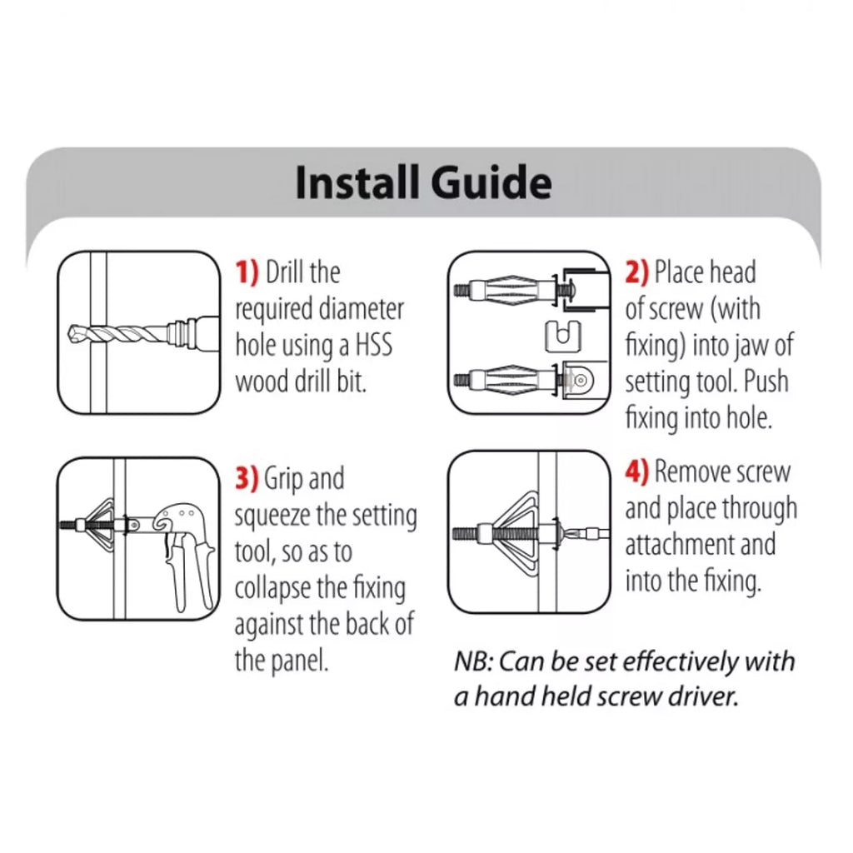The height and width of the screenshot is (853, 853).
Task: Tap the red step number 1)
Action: (248, 272)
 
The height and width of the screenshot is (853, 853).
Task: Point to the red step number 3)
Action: (248, 479)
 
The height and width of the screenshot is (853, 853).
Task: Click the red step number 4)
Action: (637, 471)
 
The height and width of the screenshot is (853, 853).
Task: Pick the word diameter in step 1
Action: (364, 309)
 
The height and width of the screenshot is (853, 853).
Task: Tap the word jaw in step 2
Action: (752, 345)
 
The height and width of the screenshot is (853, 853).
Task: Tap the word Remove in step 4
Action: (687, 471)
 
